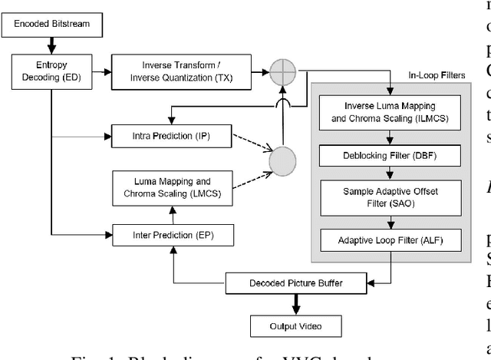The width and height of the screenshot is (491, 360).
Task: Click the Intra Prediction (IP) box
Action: [171, 137]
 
